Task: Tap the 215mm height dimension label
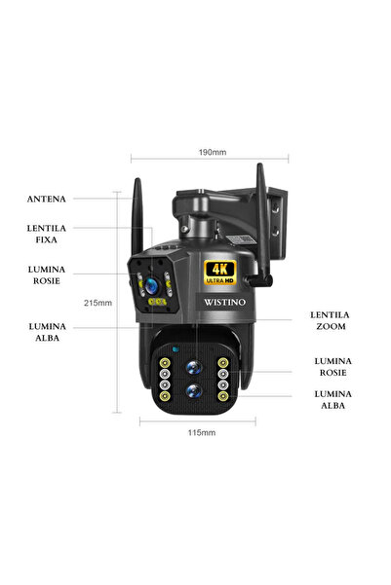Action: [x=97, y=303]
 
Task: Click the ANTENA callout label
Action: [x=48, y=199]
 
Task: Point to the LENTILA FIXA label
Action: [x=48, y=234]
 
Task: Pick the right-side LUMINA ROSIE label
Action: [x=333, y=366]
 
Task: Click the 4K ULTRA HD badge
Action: [x=221, y=272]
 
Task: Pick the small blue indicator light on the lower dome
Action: [x=174, y=348]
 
